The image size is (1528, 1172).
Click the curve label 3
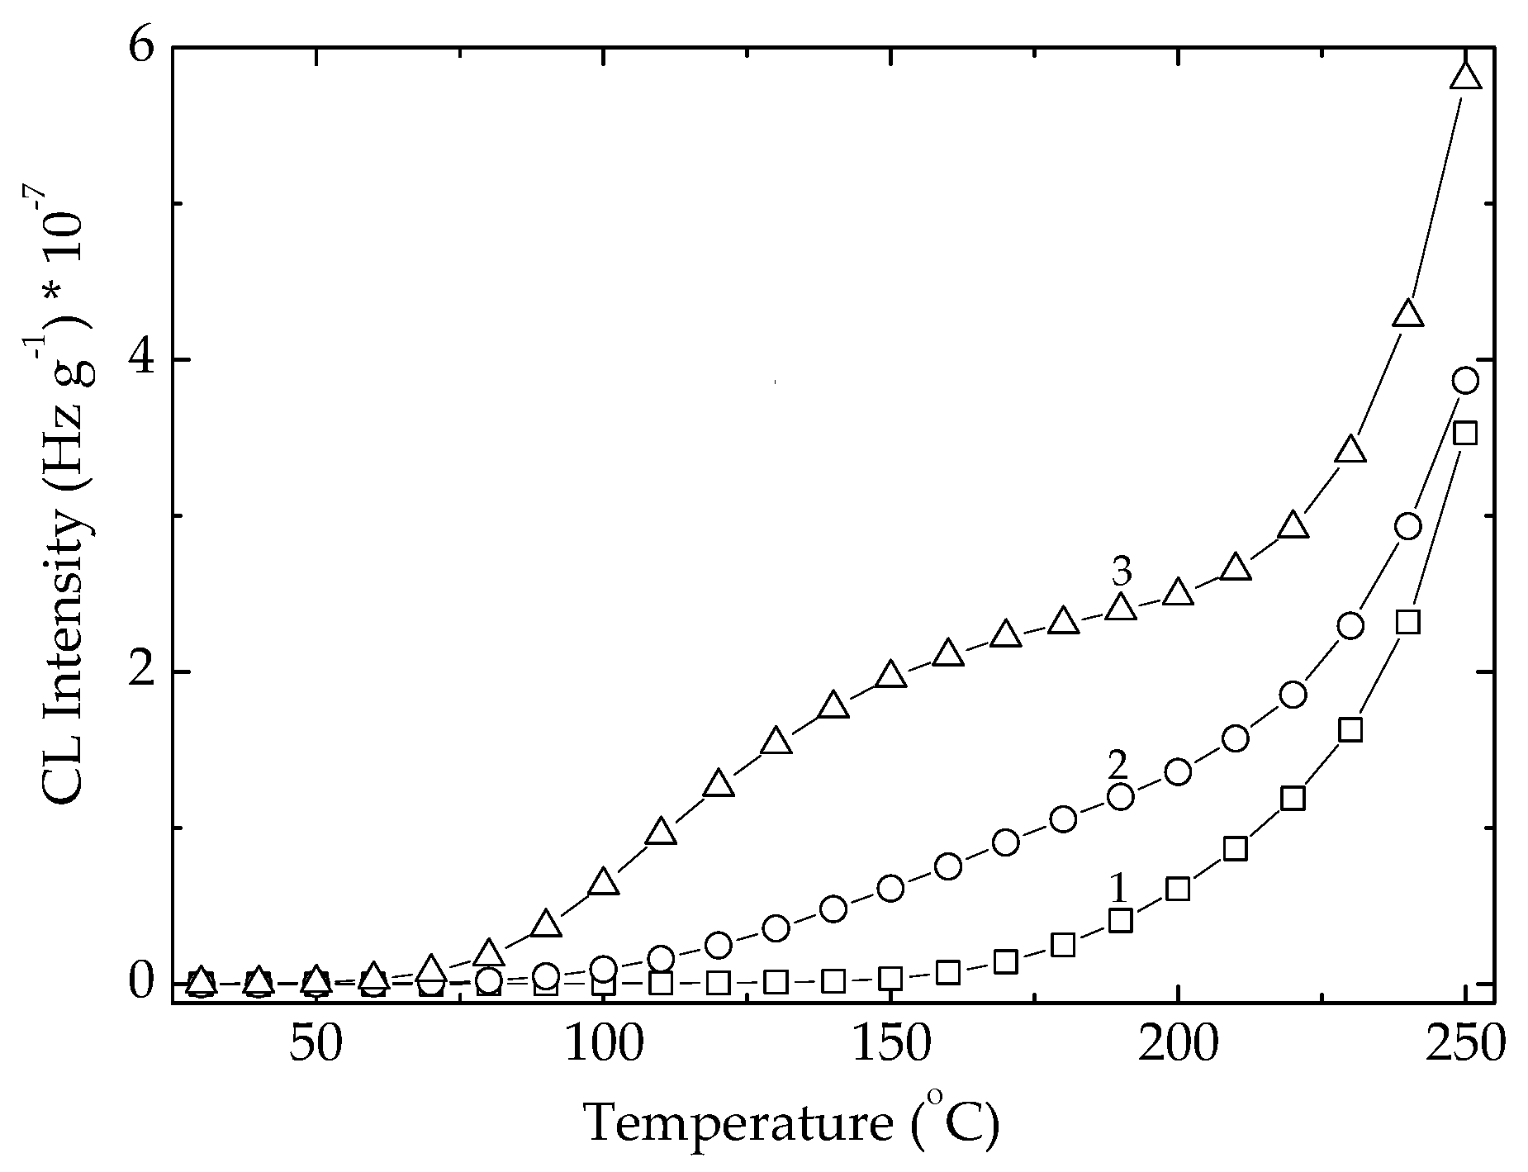click(1121, 572)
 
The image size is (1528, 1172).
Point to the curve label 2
click(1118, 766)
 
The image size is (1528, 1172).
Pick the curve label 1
click(1118, 889)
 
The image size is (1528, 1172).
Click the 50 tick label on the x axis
click(316, 1043)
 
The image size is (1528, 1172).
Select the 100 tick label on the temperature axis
click(603, 1043)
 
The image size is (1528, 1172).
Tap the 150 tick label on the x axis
click(890, 1043)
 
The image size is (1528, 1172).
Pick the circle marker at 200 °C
click(1179, 772)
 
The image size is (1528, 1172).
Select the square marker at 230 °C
click(1350, 730)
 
